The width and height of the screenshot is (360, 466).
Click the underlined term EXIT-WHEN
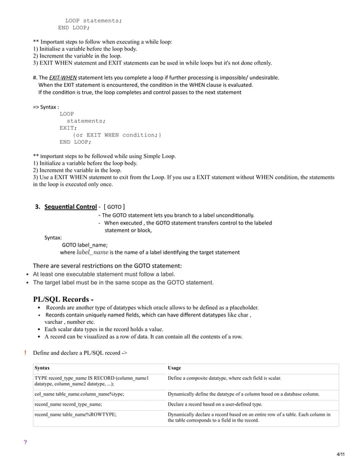(x=63, y=77)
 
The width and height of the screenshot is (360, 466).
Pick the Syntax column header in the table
(x=42, y=367)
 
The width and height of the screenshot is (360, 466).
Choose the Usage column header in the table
(x=174, y=367)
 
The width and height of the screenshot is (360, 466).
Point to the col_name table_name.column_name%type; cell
(x=80, y=394)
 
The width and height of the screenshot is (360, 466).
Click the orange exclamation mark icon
(x=26, y=353)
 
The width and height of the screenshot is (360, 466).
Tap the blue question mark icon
(x=25, y=442)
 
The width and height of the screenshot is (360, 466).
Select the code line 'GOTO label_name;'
(x=85, y=245)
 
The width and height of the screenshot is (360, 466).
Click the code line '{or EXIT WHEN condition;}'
(x=117, y=134)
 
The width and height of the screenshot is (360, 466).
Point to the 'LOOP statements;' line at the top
(x=93, y=20)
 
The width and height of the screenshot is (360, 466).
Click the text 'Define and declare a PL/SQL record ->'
(x=80, y=353)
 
